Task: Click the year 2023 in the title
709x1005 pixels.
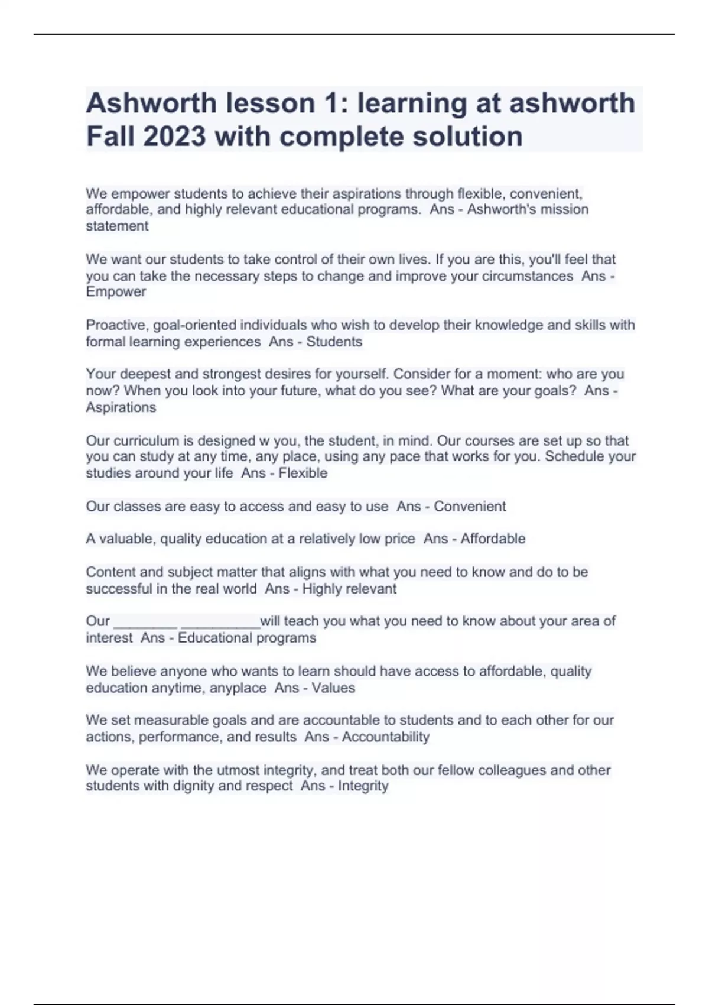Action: pos(174,137)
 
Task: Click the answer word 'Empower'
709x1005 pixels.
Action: pos(116,292)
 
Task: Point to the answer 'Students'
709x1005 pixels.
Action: pos(334,342)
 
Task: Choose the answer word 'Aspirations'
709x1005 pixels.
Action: pos(121,407)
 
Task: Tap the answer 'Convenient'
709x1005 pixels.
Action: pos(470,507)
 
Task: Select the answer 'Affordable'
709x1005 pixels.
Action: pos(493,539)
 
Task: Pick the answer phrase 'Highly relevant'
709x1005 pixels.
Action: pos(349,589)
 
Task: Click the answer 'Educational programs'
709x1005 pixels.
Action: pos(247,638)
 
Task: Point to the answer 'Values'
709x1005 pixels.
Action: pos(333,688)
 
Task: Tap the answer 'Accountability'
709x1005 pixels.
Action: pos(385,737)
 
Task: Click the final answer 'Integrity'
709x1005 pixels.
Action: pos(363,786)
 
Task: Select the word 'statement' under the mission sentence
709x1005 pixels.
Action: pos(117,226)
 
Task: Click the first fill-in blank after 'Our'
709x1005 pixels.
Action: pos(145,622)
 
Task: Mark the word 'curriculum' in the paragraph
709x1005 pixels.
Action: pos(147,441)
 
